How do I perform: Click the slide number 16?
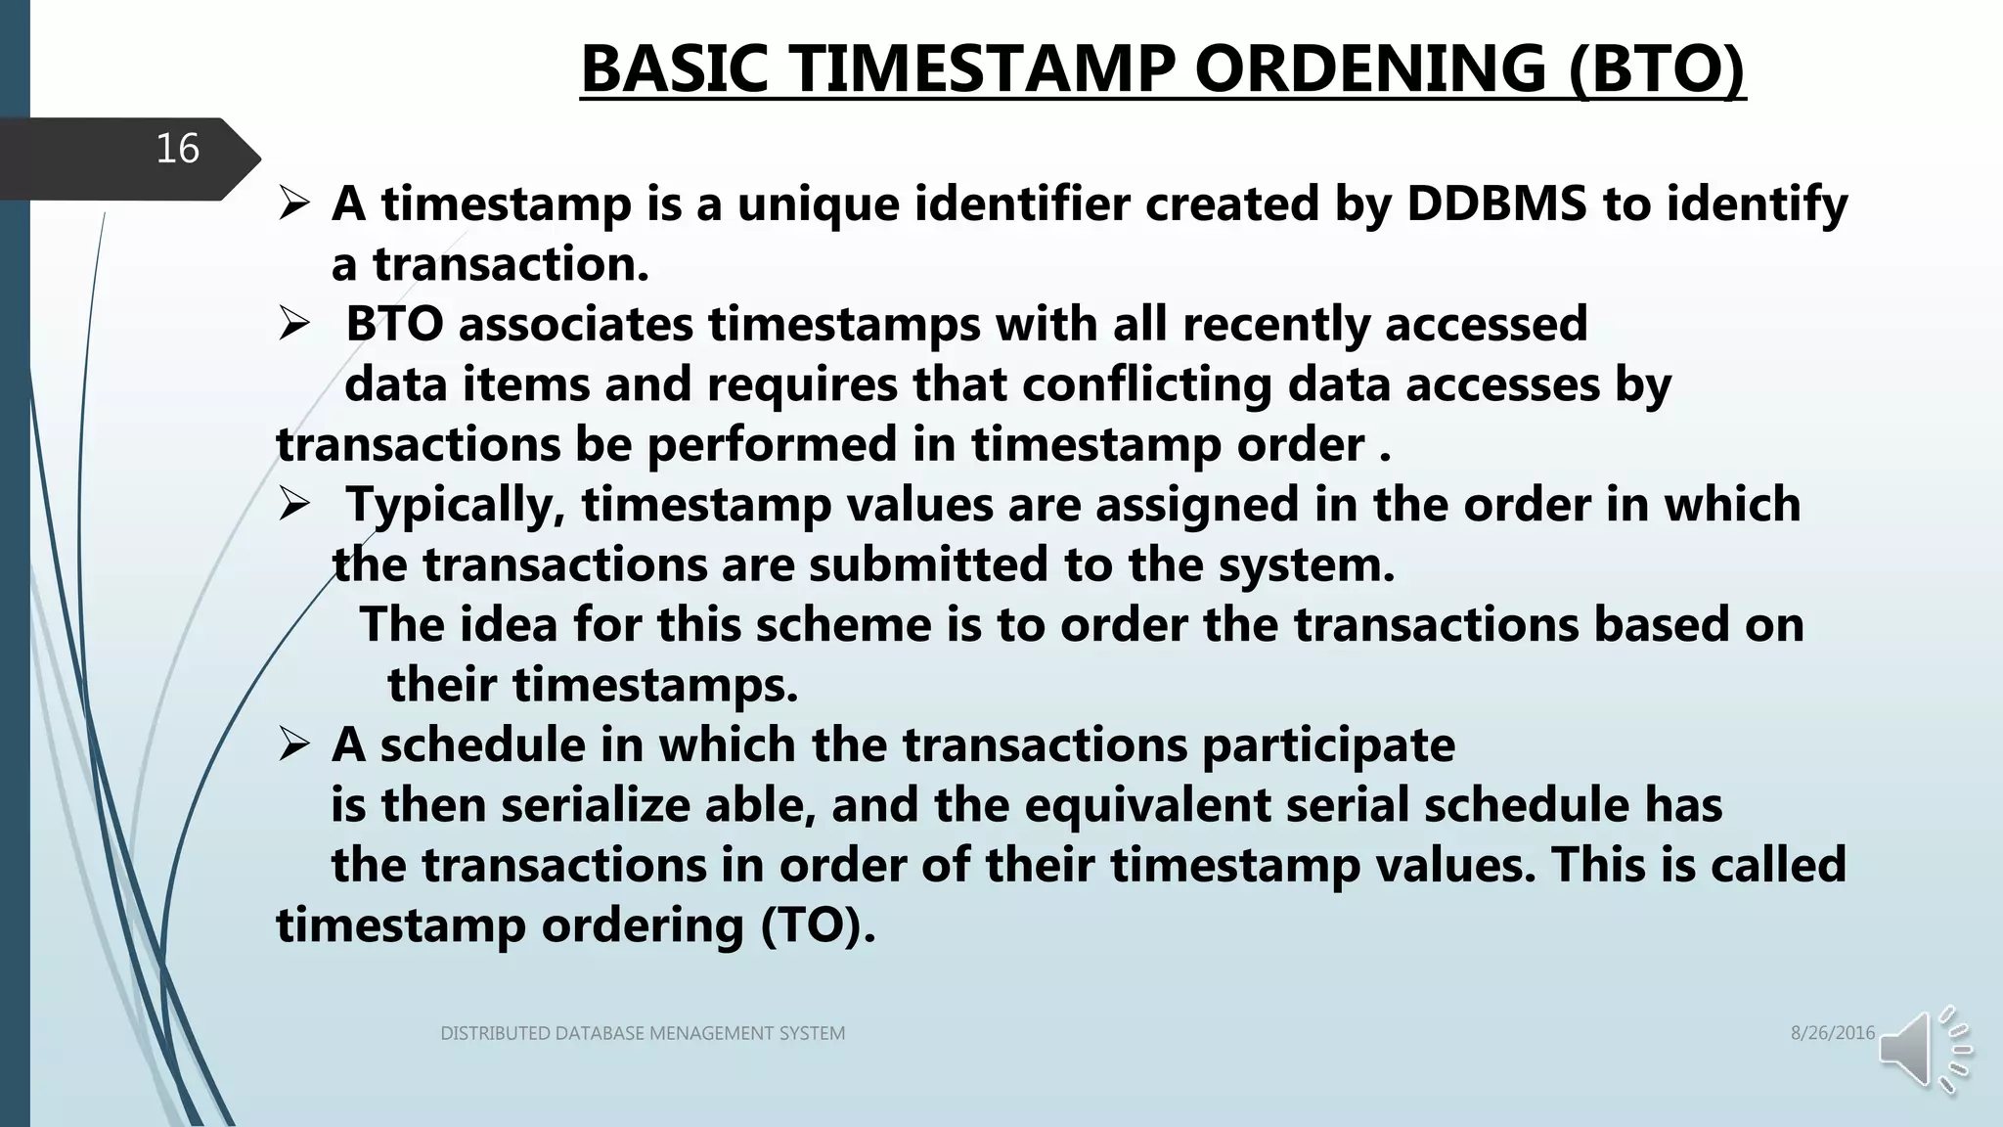coord(177,149)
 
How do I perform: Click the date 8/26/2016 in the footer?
coord(1832,1033)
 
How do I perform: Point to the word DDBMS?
coord(1496,203)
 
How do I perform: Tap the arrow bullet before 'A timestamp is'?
coord(294,204)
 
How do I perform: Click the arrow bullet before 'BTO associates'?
coord(294,325)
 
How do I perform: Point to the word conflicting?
coord(1147,384)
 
